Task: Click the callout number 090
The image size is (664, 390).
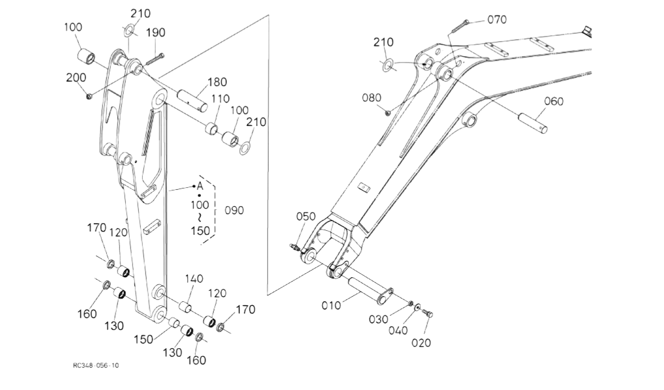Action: (x=234, y=211)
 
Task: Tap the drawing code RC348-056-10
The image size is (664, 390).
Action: (x=96, y=365)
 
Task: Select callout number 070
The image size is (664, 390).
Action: (x=497, y=20)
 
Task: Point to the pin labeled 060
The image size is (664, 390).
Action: (x=533, y=122)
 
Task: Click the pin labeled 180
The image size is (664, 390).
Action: (x=192, y=100)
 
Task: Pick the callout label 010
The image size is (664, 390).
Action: (x=331, y=305)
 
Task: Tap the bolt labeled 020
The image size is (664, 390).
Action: (x=428, y=314)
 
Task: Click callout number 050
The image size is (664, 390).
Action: (x=306, y=217)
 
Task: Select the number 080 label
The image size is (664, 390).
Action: (x=371, y=98)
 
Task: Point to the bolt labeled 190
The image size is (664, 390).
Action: (x=155, y=59)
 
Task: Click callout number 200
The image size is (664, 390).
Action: (x=76, y=78)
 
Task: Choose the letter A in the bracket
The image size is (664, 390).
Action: (x=200, y=186)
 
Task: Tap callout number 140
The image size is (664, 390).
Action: (x=194, y=278)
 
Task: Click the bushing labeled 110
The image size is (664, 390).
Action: (x=212, y=128)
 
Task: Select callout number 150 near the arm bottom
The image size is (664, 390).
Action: (x=143, y=340)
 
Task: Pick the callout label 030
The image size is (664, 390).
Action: (x=378, y=320)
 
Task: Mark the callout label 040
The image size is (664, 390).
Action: (x=398, y=330)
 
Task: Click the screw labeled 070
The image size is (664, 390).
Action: (x=459, y=26)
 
